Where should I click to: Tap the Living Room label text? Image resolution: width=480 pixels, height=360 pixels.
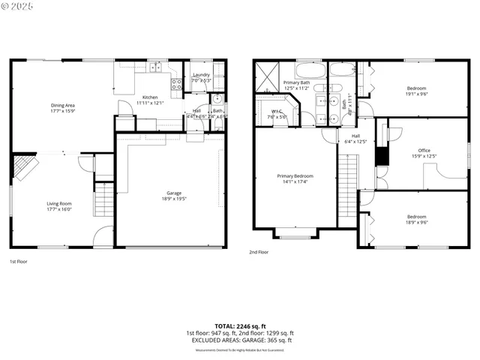click(x=59, y=202)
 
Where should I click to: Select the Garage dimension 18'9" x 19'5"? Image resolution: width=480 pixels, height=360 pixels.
click(x=173, y=199)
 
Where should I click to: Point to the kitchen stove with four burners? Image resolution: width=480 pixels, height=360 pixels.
click(x=178, y=85)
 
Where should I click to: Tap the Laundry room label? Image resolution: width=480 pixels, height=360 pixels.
click(x=201, y=74)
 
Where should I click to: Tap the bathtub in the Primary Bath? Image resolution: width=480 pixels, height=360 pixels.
click(x=309, y=72)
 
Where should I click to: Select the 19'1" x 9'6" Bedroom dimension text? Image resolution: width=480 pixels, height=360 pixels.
click(x=416, y=94)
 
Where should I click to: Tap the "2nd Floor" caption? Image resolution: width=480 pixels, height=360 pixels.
click(x=259, y=253)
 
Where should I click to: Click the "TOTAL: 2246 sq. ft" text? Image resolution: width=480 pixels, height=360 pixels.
click(x=240, y=325)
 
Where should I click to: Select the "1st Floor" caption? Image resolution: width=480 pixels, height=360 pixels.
click(x=19, y=262)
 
